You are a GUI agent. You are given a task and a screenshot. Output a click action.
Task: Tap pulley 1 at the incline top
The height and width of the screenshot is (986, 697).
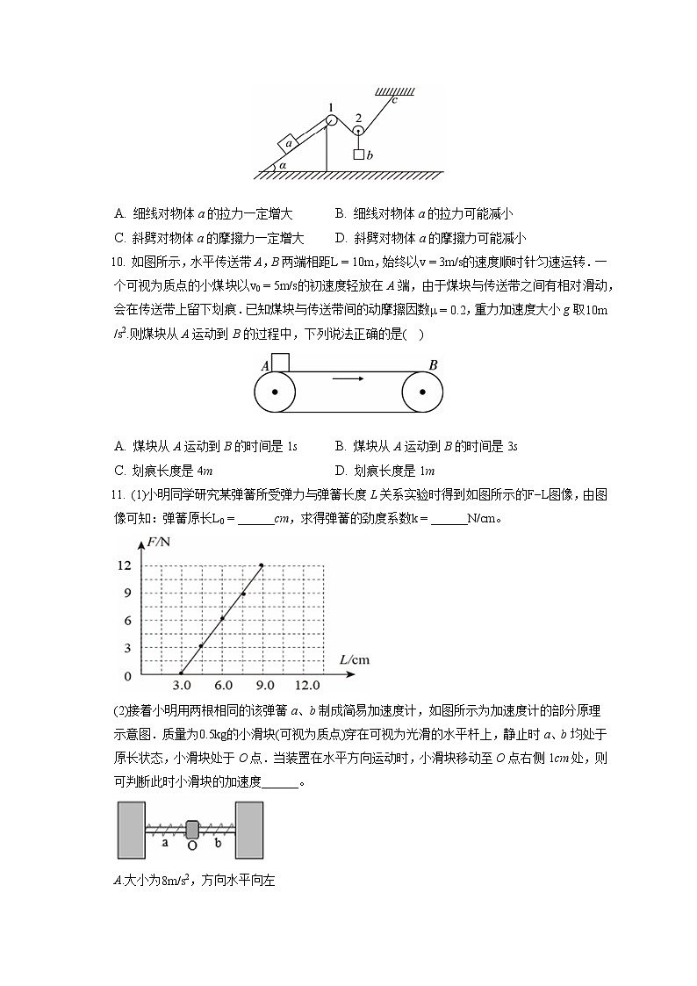[331, 120]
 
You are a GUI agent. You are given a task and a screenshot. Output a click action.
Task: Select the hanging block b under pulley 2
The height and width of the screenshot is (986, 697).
[359, 155]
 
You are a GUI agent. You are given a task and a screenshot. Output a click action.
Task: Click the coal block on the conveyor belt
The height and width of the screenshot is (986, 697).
[280, 362]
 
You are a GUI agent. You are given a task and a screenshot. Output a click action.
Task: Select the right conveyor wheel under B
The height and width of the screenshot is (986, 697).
[423, 392]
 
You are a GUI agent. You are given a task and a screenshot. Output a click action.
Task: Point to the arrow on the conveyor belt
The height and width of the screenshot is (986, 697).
[348, 379]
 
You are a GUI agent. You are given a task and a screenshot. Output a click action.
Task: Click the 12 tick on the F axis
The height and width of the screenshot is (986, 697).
[125, 565]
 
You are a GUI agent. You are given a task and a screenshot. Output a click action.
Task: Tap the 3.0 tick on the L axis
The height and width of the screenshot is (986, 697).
[181, 686]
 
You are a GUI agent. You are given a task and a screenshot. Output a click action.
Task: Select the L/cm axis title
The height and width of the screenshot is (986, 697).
[354, 659]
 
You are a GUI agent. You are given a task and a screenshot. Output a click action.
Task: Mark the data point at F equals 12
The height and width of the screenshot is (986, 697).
[262, 565]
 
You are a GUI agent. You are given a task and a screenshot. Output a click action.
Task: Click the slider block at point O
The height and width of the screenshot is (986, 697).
[193, 828]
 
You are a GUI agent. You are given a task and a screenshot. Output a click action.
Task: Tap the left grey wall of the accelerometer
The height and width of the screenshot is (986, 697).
[131, 829]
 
